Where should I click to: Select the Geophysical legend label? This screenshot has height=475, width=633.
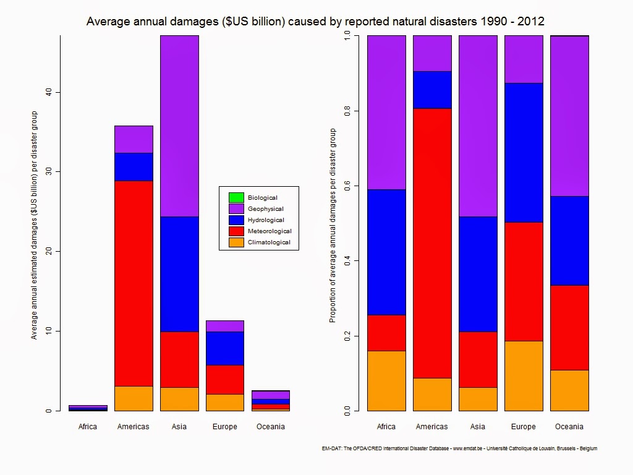click(x=266, y=209)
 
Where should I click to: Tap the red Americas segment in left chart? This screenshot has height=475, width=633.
click(x=134, y=283)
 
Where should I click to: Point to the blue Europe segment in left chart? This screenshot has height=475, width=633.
click(x=225, y=348)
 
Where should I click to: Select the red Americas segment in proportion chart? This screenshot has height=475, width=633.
click(x=432, y=243)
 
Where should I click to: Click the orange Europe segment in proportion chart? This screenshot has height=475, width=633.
click(x=524, y=375)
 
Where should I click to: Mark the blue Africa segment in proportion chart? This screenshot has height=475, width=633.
click(x=386, y=252)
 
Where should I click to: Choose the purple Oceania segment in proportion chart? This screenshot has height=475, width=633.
click(x=569, y=116)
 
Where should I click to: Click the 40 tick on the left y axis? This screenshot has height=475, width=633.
click(x=48, y=92)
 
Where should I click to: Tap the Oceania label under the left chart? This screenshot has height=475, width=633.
click(x=270, y=427)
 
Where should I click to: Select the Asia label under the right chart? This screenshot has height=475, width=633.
click(x=478, y=427)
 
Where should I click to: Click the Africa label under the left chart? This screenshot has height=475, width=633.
click(x=88, y=427)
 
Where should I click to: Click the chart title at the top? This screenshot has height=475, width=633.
click(x=315, y=22)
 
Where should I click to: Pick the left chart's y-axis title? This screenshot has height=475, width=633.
click(x=35, y=225)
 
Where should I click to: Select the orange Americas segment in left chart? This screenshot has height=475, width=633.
click(x=134, y=398)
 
